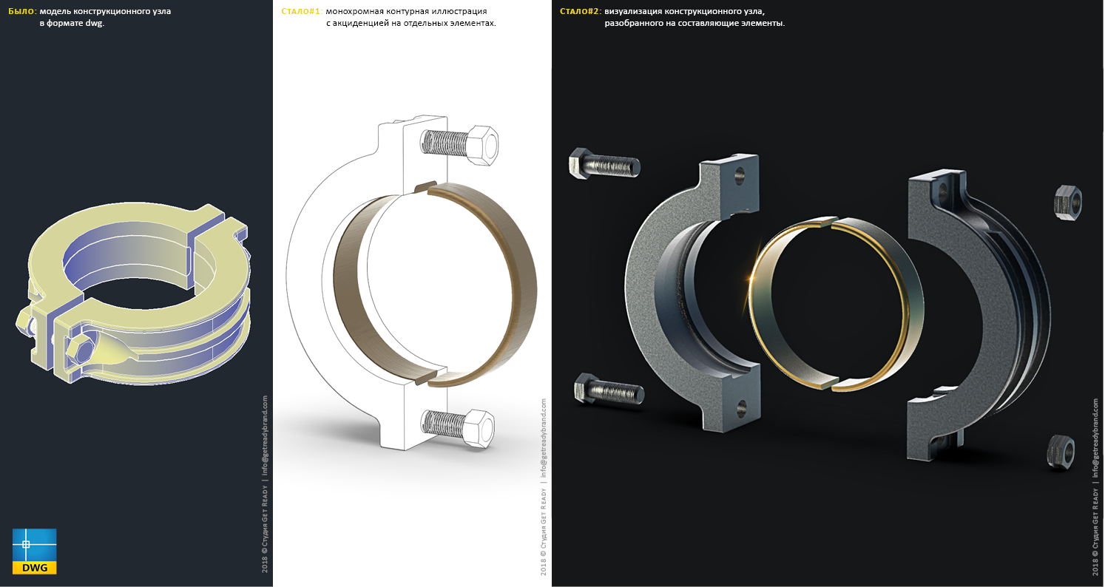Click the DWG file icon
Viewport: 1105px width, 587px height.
35,551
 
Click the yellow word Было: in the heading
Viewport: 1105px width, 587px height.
23,11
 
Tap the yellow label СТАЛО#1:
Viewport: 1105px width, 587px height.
302,11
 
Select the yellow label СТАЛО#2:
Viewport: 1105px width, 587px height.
581,11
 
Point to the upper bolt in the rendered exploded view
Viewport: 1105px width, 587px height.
604,163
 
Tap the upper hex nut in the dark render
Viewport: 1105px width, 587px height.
1068,203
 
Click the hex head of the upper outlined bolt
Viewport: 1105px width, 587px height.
482,145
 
